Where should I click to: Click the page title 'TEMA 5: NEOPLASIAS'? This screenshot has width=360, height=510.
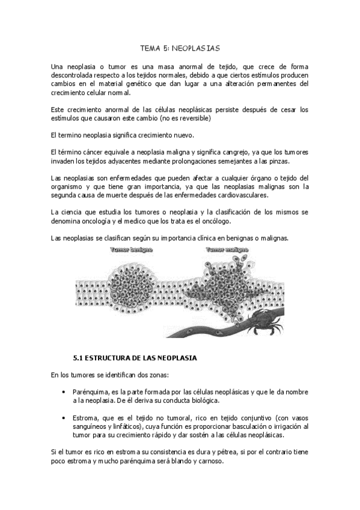tap(180, 46)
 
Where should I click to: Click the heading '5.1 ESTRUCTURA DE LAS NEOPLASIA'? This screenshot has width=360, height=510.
tap(135, 357)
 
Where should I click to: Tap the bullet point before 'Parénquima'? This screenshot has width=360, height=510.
tap(64, 392)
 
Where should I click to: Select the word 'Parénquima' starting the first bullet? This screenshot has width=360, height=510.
tap(88, 392)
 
